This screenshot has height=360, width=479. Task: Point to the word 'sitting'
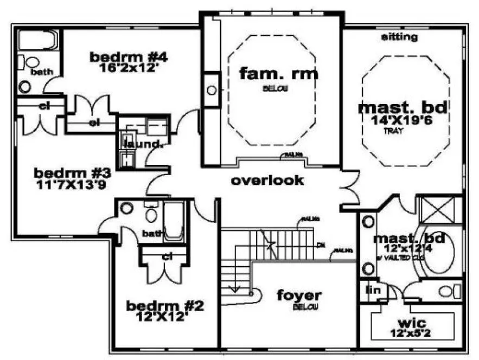[x=399, y=37]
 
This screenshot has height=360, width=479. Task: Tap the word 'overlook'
[x=267, y=181]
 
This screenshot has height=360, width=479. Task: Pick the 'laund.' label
[x=143, y=144]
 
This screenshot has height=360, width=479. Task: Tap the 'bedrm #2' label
[x=164, y=306]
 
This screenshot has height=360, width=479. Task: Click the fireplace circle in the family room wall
[x=212, y=91]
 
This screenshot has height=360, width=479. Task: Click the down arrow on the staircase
[x=235, y=287]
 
